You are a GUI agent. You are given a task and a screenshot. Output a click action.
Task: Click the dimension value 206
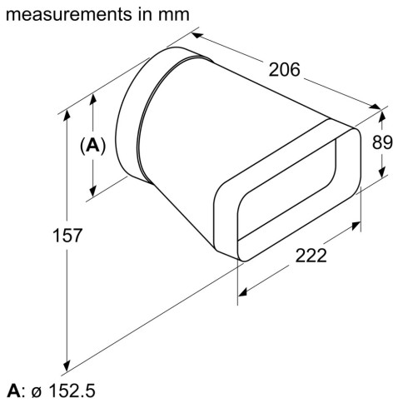click(282, 71)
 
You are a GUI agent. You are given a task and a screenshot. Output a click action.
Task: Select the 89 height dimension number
click(381, 142)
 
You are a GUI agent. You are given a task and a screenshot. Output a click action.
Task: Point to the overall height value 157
click(67, 236)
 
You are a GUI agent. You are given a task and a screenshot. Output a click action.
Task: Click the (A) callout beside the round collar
click(92, 146)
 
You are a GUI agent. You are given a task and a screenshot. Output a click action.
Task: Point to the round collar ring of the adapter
click(133, 117)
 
